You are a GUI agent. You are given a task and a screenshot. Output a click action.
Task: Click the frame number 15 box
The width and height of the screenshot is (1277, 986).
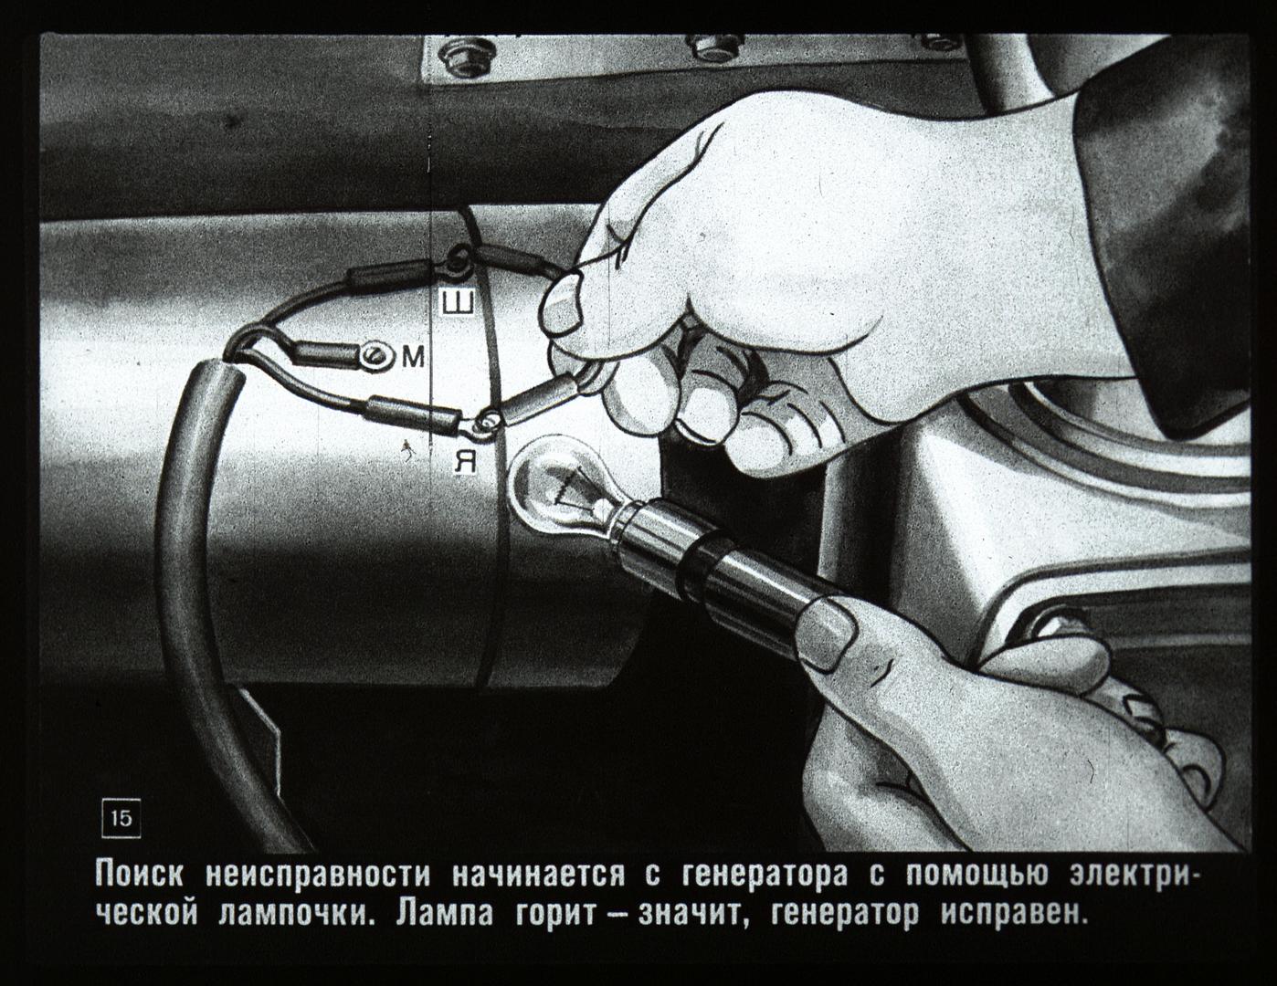121,819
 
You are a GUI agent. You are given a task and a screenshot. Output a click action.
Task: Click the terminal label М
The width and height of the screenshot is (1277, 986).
413,356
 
